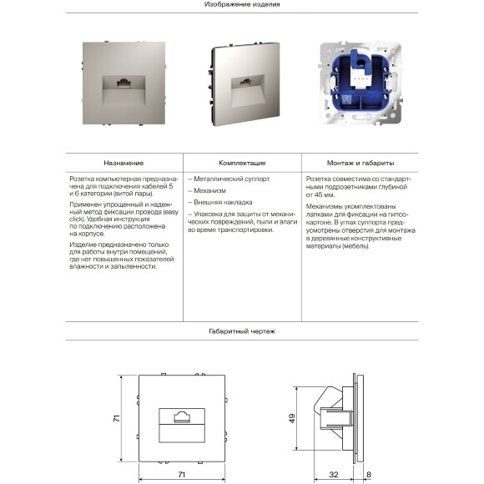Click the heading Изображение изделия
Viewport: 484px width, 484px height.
pos(242,5)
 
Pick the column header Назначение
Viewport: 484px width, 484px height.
pos(124,163)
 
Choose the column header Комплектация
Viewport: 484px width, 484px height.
pos(242,163)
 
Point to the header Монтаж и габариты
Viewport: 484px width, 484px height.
pos(361,163)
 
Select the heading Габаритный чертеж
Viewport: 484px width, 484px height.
pos(242,331)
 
